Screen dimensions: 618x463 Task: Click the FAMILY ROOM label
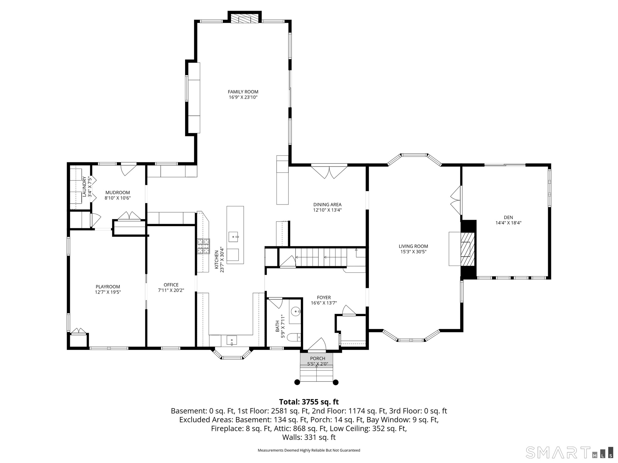(243, 92)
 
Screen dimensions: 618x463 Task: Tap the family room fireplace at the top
(245, 18)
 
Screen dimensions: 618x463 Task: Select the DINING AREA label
(327, 204)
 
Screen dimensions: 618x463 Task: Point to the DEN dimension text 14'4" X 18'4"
(508, 222)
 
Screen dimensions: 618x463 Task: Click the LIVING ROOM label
(413, 246)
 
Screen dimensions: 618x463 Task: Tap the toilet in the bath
(294, 337)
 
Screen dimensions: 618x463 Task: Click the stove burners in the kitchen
(203, 247)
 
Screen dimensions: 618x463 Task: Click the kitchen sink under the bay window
(231, 340)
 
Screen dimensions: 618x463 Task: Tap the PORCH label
(317, 359)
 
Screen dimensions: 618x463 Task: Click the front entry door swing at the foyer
(317, 344)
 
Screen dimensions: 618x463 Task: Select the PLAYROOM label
(108, 287)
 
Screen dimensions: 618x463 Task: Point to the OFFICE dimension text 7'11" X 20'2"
(171, 290)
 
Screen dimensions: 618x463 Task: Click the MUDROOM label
(117, 193)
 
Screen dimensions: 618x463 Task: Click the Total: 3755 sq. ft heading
(309, 402)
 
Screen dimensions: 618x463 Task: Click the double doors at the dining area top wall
(329, 172)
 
